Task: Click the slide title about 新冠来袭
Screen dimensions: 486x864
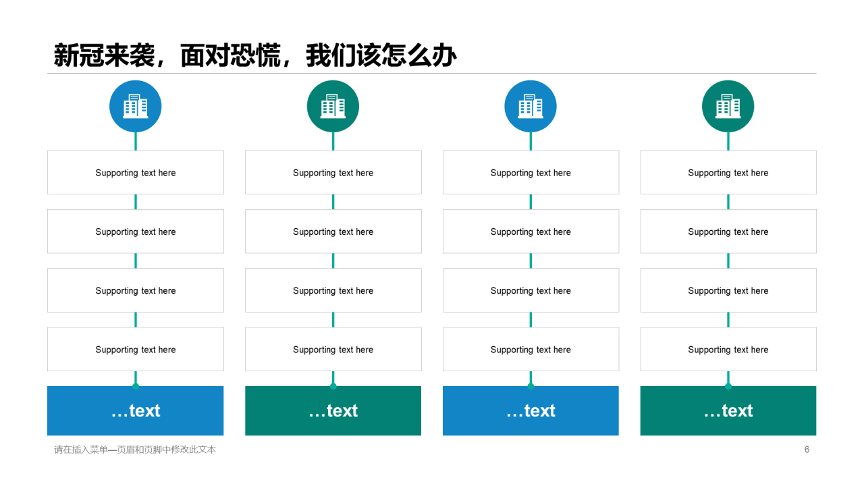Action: [255, 55]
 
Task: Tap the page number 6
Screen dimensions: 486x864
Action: [807, 450]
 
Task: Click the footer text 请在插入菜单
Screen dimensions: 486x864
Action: [135, 450]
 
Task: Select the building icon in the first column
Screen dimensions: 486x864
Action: [136, 106]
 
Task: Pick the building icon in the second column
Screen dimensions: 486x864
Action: [333, 106]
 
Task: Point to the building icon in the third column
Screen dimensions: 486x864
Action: [531, 106]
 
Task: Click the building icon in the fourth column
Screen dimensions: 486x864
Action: [728, 106]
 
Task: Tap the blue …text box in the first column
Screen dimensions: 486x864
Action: [136, 411]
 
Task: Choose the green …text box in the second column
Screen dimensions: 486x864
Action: [333, 411]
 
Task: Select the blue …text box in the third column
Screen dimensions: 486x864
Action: [531, 411]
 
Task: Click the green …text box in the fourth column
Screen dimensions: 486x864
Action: [728, 411]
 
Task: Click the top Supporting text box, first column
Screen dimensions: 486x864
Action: [136, 173]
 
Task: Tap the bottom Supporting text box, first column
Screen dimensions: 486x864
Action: [136, 350]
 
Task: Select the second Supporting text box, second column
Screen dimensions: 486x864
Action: [333, 232]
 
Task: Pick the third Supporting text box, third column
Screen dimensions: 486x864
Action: [531, 291]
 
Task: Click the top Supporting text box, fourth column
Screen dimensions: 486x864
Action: [728, 173]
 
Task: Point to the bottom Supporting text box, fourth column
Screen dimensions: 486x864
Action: [728, 350]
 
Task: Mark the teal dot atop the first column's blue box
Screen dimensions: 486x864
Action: [136, 386]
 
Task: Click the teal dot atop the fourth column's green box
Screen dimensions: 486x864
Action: [728, 386]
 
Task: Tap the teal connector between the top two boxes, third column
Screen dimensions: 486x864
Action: [531, 202]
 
